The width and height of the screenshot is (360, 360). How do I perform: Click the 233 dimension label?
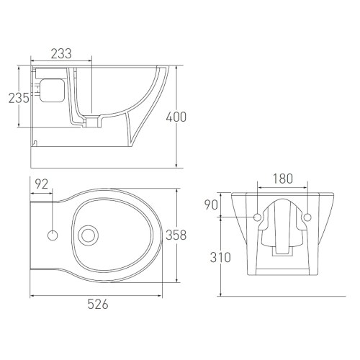coord(61,53)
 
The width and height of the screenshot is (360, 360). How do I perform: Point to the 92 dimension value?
coord(42,185)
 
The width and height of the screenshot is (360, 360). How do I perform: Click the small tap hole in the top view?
coord(53,234)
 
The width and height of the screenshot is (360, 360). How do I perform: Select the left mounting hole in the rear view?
coord(258,217)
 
